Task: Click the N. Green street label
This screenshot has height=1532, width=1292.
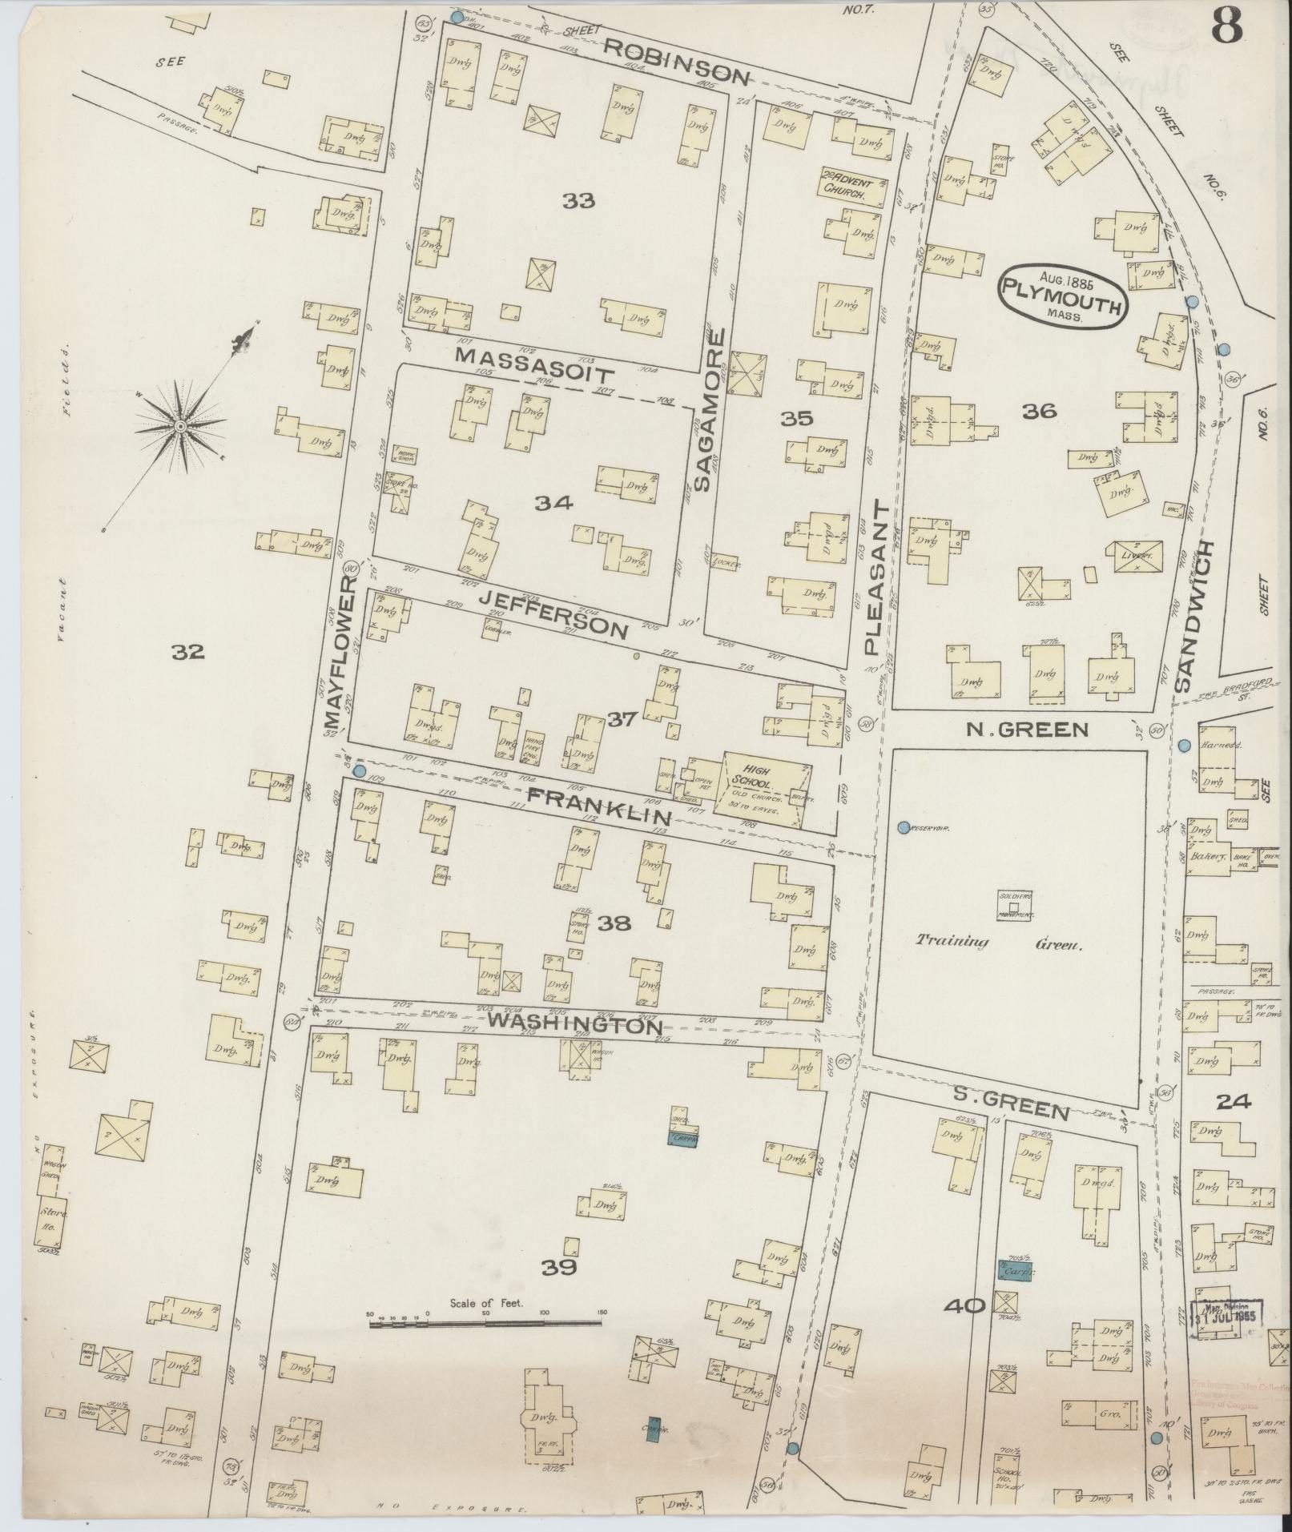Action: point(1028,730)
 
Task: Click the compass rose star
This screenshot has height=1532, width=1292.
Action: point(182,428)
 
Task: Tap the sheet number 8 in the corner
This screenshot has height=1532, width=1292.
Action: point(1226,27)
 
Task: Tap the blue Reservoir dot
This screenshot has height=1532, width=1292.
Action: point(904,827)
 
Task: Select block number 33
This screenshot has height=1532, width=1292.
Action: point(578,202)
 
